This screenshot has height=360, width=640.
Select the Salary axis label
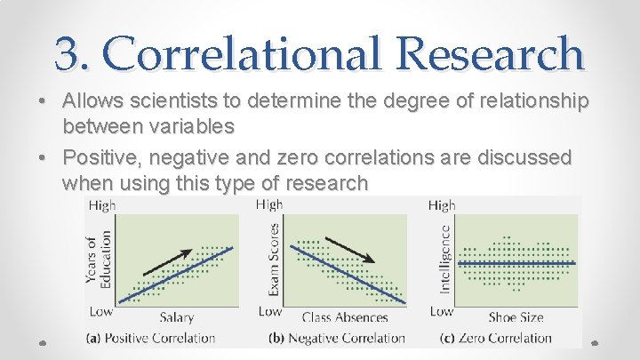[x=177, y=317]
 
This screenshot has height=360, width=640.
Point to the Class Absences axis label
[x=345, y=317]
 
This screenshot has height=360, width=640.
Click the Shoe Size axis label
[x=515, y=317]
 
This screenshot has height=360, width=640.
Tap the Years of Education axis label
[x=97, y=257]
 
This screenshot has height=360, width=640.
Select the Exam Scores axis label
[x=274, y=257]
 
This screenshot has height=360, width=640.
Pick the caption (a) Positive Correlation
[x=150, y=338]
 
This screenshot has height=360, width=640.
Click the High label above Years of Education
[x=101, y=205]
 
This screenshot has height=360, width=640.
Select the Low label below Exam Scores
[x=270, y=311]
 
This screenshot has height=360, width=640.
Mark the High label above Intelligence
[x=442, y=205]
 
